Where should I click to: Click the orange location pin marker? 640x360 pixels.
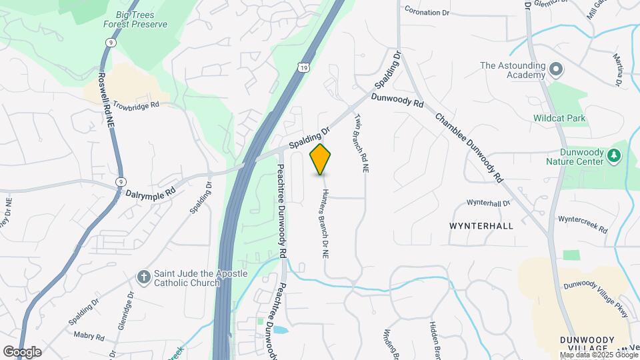(321, 159)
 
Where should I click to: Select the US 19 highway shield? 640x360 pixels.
(303, 67)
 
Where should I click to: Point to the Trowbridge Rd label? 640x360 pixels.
(136, 105)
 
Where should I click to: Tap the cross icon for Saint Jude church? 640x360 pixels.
(143, 277)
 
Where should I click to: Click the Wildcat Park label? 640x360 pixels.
(559, 119)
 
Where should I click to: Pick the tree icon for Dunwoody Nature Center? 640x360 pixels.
(614, 156)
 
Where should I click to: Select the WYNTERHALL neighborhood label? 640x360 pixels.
(481, 226)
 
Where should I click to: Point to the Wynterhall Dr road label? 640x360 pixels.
(488, 202)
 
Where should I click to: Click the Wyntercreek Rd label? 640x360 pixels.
(583, 224)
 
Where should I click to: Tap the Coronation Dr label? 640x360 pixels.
(432, 13)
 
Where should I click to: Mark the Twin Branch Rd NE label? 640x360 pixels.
(361, 143)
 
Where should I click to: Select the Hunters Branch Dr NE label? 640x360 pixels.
(325, 223)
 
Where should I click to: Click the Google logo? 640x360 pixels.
(22, 351)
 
